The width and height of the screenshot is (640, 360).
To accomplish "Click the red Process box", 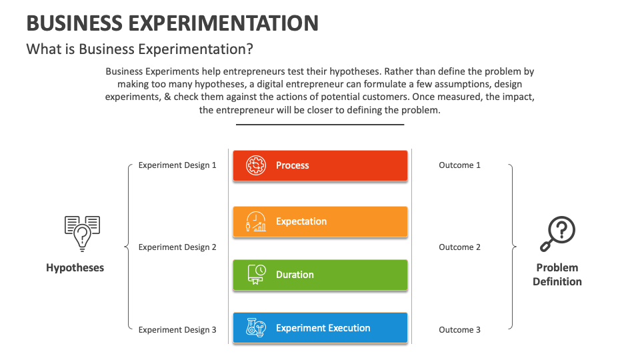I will coord(320,165).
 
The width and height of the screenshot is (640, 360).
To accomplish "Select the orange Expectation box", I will coord(320,221).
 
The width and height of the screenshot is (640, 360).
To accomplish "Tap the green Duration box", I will coord(320,275).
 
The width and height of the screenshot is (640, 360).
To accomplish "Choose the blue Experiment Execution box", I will coord(320,328).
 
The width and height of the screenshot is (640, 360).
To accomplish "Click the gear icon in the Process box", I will coord(256,165).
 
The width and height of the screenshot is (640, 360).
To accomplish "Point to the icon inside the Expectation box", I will coord(256,221).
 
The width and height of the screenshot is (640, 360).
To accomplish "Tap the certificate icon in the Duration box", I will coord(256,275).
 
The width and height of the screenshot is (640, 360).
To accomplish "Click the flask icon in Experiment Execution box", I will coord(256,328).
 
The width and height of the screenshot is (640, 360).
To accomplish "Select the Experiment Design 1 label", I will coord(177,165).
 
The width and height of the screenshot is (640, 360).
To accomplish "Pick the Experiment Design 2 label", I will coord(177,247).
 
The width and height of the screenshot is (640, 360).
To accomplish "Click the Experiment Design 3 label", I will coord(177,330).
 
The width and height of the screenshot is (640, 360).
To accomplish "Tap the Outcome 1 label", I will coord(459,165).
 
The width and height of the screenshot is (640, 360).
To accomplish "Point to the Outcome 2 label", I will coord(459,247).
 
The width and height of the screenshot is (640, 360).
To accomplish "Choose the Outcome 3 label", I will coord(459,330).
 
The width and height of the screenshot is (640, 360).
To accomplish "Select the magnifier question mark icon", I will coord(557,234).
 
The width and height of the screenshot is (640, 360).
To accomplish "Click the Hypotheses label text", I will coord(75,268).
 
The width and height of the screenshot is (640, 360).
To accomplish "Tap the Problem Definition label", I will coord(557,275).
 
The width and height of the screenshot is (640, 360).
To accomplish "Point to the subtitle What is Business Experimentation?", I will coord(139,49).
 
